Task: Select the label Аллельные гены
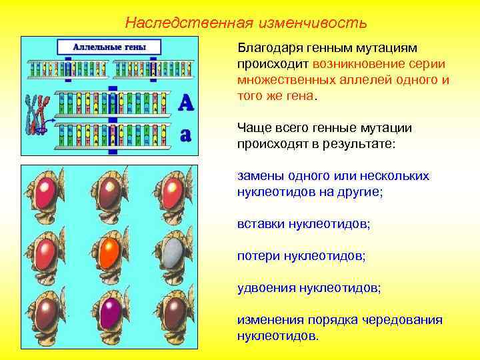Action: click(x=109, y=47)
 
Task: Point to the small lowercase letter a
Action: click(x=186, y=134)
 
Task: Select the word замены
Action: click(x=261, y=176)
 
